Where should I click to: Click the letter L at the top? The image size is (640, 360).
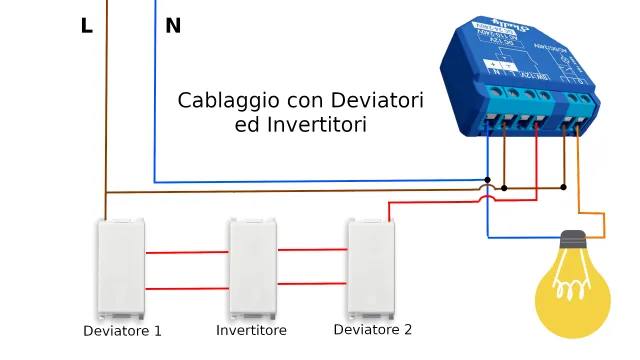pos(87,26)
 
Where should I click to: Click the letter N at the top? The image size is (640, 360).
pos(173,26)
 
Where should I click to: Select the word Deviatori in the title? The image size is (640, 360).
pos(380,101)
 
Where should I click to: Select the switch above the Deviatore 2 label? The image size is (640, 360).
pos(371,267)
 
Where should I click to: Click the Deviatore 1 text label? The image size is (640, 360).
pos(122,330)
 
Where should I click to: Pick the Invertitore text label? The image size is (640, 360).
pos(251,330)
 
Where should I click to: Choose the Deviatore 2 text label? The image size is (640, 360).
pos(372,329)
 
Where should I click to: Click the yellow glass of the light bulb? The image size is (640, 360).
pos(572,295)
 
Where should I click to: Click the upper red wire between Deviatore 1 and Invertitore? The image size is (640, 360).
pos(187,252)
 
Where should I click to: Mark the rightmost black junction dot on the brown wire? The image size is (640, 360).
pos(564,187)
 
